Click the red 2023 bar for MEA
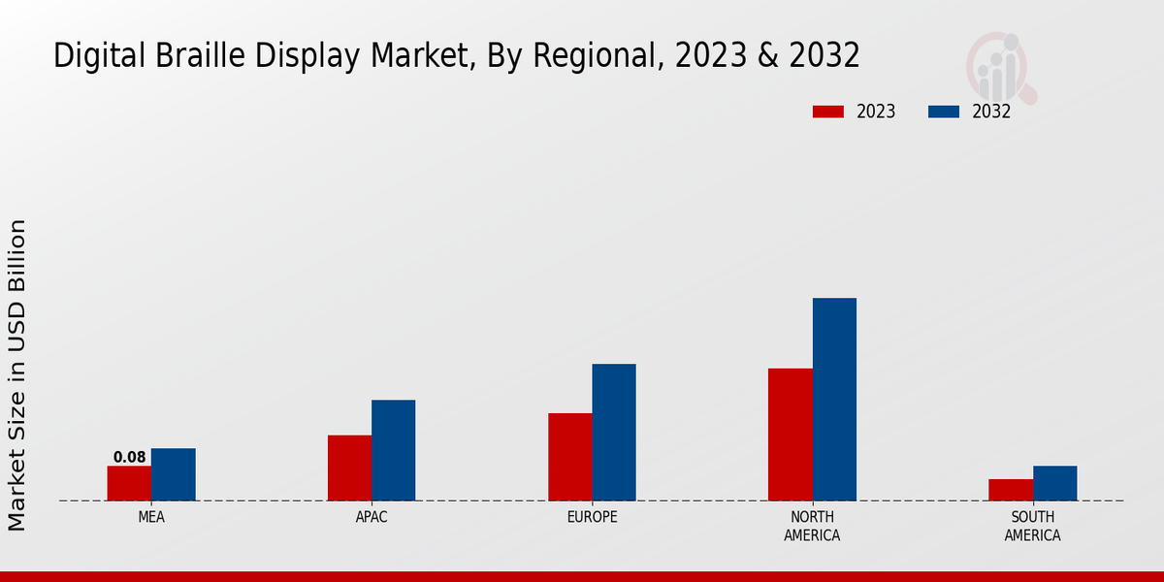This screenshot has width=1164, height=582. pyautogui.click(x=129, y=483)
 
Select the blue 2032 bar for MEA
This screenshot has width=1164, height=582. pyautogui.click(x=173, y=474)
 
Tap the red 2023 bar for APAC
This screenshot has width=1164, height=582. pyautogui.click(x=349, y=468)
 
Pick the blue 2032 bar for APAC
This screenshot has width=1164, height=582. pyautogui.click(x=393, y=450)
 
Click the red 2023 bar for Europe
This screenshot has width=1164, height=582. pyautogui.click(x=569, y=457)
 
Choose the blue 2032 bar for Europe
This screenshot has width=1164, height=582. pyautogui.click(x=614, y=433)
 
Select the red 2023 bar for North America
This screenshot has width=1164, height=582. pyautogui.click(x=790, y=435)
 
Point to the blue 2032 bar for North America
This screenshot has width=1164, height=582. pyautogui.click(x=834, y=400)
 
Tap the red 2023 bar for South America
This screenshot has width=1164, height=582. pyautogui.click(x=1010, y=490)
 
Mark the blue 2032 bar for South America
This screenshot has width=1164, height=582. pyautogui.click(x=1054, y=483)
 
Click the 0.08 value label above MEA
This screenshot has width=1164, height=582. pyautogui.click(x=129, y=457)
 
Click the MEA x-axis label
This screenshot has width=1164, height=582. pyautogui.click(x=151, y=517)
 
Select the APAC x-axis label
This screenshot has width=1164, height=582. pyautogui.click(x=372, y=517)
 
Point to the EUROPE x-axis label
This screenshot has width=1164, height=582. pyautogui.click(x=592, y=517)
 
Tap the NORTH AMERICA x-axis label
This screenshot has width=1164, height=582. pyautogui.click(x=812, y=526)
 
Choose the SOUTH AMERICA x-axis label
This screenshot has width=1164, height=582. pyautogui.click(x=1032, y=526)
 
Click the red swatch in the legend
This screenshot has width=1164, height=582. pyautogui.click(x=827, y=112)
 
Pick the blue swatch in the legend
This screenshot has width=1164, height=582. pyautogui.click(x=943, y=112)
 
